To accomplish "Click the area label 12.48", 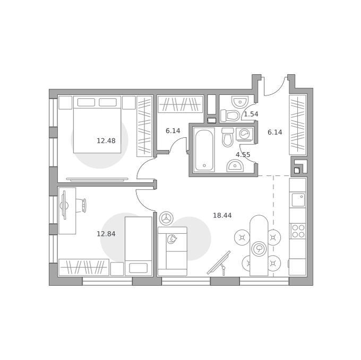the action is tap(106, 141).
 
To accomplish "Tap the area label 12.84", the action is tap(106, 234).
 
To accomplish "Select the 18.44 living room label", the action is tap(222, 215).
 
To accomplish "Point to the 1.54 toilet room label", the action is tap(251, 114).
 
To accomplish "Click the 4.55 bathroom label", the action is tap(243, 154).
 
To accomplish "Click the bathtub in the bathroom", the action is tap(204, 150).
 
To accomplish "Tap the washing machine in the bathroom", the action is tap(245, 134).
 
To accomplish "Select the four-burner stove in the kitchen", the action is tap(298, 231).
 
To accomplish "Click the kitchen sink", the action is tap(298, 200).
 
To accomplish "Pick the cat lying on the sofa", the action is tap(172, 239).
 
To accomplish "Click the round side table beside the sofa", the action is tap(166, 218).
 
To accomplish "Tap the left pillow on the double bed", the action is tap(86, 102).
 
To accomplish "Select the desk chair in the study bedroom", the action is tap(83, 205).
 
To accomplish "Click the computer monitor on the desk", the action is tap(64, 205).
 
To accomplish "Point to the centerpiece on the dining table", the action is tap(259, 249).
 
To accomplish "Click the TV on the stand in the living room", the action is tap(219, 263).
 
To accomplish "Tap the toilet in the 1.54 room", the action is tap(229, 116).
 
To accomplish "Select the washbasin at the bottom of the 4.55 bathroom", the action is tap(235, 166).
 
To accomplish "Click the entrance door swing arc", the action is tap(274, 86).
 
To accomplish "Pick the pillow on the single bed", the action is tap(138, 268).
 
